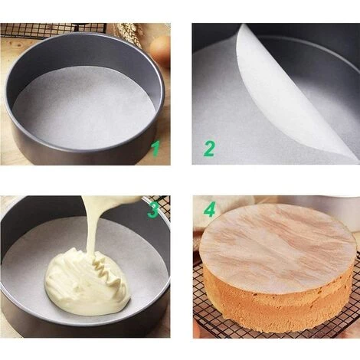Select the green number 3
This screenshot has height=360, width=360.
pyautogui.click(x=153, y=210)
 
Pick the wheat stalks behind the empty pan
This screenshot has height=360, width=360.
pyautogui.click(x=128, y=32)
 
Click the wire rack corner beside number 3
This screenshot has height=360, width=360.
pyautogui.click(x=162, y=203)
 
